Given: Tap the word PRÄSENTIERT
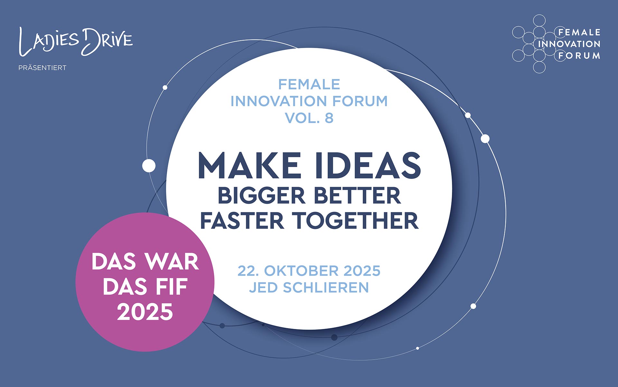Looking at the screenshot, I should [42, 68].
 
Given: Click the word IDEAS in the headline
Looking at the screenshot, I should [368, 165].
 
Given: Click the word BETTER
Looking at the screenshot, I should [357, 196].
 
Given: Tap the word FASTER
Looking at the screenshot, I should [242, 221].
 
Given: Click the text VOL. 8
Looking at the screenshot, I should [309, 118].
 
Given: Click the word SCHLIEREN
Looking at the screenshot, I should [326, 288].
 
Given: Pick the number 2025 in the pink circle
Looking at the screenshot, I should [145, 312].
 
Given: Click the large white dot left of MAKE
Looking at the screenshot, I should [149, 166].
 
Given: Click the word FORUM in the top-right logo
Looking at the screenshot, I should [579, 56].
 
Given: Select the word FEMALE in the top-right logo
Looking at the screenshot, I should [579, 32].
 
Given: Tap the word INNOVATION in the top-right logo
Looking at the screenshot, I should [569, 44].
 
